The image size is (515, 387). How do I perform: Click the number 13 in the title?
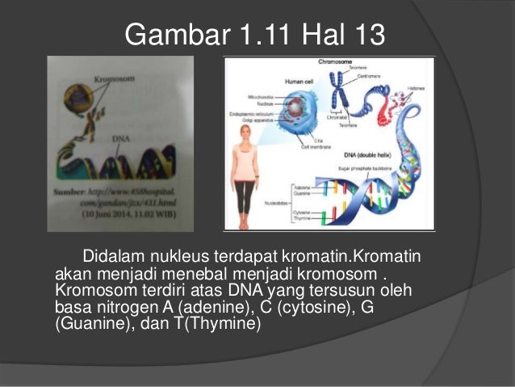tap(366, 35)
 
